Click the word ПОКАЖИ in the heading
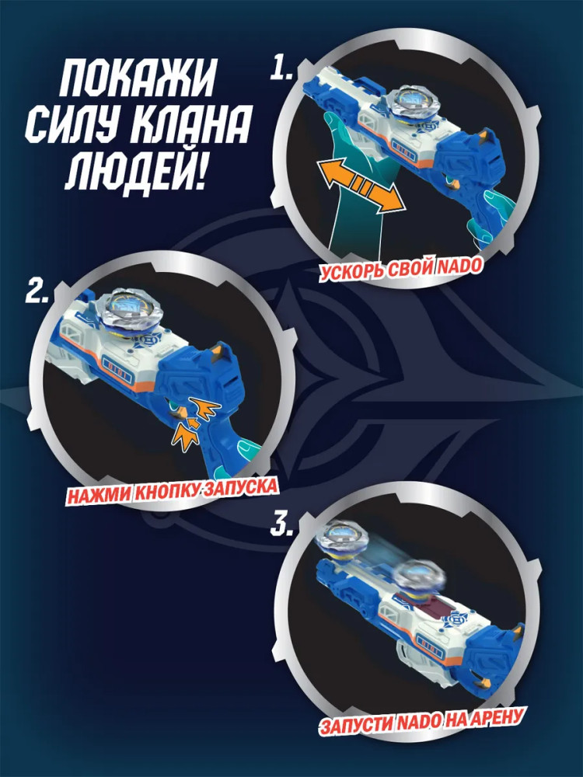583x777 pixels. (138, 78)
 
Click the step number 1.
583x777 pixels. (281, 68)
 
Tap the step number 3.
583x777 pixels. (281, 524)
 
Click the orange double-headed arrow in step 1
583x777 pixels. (361, 186)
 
